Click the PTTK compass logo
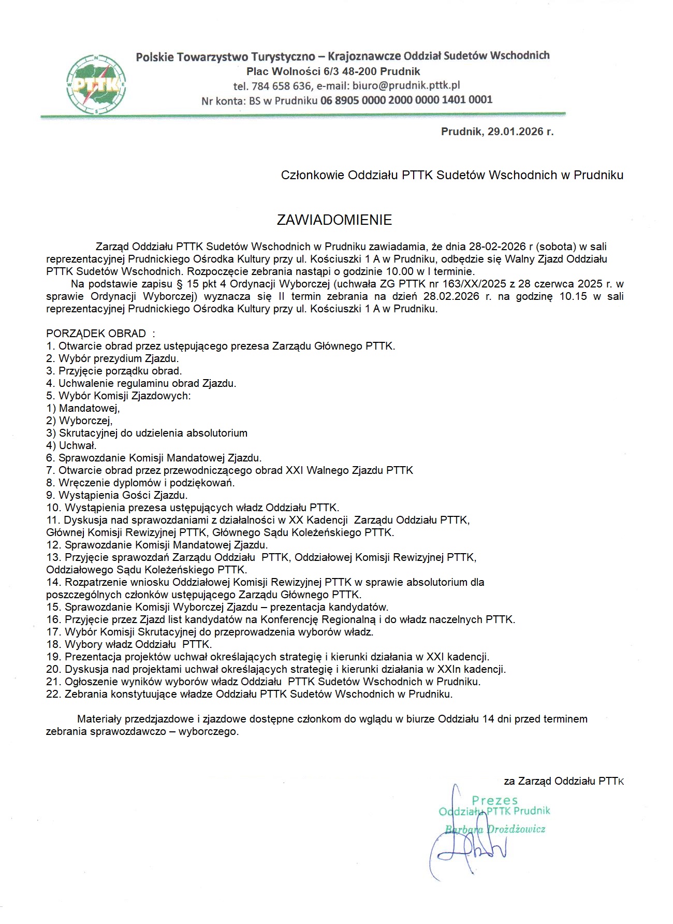pyautogui.click(x=97, y=83)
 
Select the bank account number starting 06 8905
pyautogui.click(x=406, y=100)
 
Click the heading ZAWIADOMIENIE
pyautogui.click(x=334, y=220)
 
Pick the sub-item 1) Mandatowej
pyautogui.click(x=83, y=408)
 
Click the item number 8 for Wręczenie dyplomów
pyautogui.click(x=50, y=483)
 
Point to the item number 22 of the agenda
pyautogui.click(x=53, y=694)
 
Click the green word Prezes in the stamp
pyautogui.click(x=494, y=801)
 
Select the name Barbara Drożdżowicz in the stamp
pyautogui.click(x=495, y=829)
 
